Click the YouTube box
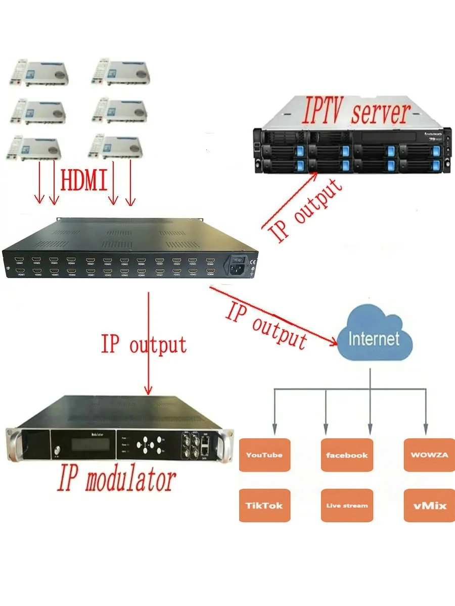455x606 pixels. [x=264, y=455]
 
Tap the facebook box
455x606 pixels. [x=347, y=455]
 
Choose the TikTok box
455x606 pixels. [x=264, y=506]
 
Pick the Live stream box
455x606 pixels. [x=347, y=506]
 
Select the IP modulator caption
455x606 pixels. [x=116, y=480]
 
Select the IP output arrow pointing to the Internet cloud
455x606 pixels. [x=273, y=315]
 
